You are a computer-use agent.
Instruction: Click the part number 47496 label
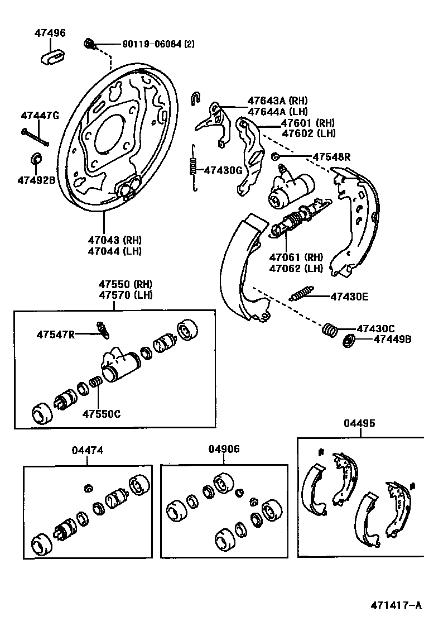[49, 33]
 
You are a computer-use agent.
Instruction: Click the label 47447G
[40, 116]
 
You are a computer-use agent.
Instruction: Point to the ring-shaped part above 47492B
[36, 159]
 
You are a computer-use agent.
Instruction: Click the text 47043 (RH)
[114, 240]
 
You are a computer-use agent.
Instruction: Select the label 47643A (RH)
[274, 101]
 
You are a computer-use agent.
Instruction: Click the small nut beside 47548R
[275, 156]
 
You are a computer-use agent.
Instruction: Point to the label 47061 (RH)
[296, 257]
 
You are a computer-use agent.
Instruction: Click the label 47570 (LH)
[126, 294]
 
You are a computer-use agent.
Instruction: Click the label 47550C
[102, 414]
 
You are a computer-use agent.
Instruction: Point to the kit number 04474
[88, 450]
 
